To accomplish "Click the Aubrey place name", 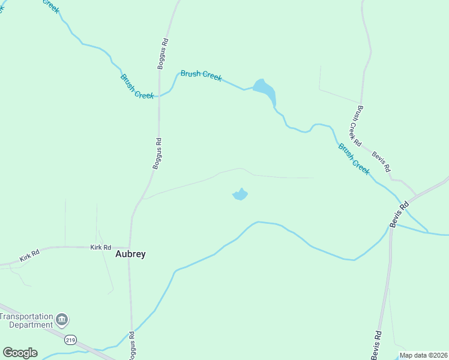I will coord(130,254).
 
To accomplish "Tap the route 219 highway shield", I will coord(71,340).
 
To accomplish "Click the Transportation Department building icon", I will coord(62,319).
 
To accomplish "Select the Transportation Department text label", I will coord(27,320).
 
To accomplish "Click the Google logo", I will coord(20,352).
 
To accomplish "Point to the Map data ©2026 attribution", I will coord(423,355).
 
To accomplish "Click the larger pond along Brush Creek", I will coord(264,92).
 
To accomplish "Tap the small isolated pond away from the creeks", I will coord(240,194).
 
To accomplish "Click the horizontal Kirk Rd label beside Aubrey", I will coord(101,247).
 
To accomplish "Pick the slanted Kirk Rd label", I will coord(29,256).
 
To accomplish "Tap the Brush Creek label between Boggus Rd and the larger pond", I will coord(201,76).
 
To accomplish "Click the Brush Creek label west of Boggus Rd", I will coord(137,86).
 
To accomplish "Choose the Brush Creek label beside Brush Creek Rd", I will coord(354,158).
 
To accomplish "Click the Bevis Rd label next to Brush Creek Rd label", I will coord(381,160).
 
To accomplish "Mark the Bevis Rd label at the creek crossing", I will coord(399,213).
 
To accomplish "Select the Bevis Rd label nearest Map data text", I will coord(376,345).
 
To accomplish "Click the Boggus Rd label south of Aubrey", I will coord(132,345).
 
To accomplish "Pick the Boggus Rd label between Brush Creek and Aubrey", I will coord(157,154).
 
